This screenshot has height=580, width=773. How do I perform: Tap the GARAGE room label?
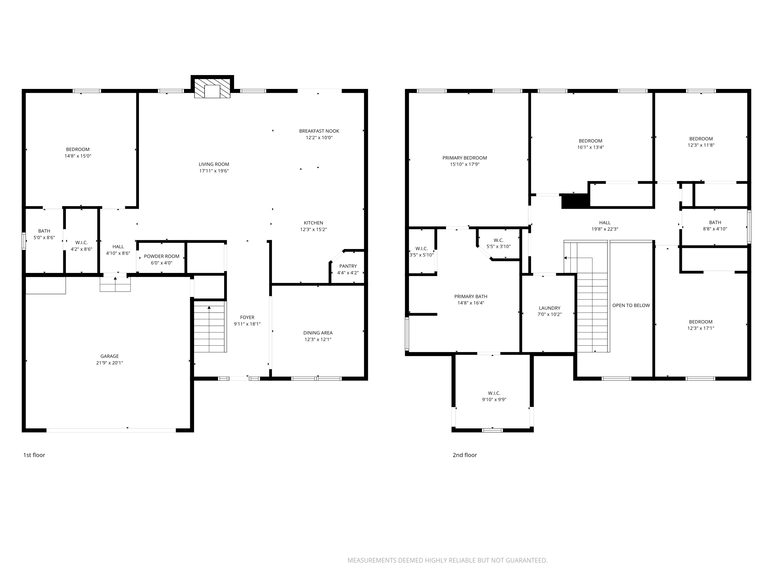(x=110, y=356)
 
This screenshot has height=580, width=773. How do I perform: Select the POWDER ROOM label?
(x=162, y=256)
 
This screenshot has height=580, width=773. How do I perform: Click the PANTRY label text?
(x=348, y=266)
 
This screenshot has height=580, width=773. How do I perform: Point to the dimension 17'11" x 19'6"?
(x=214, y=171)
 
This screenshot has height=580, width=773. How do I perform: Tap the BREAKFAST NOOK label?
(x=319, y=131)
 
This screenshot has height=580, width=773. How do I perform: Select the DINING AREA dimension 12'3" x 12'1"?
(x=318, y=339)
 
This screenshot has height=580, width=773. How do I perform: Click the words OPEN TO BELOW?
(x=631, y=305)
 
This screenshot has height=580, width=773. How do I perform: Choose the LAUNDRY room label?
(x=549, y=308)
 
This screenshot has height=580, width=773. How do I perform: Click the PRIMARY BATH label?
(x=471, y=296)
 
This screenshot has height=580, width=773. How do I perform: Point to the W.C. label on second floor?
(x=498, y=240)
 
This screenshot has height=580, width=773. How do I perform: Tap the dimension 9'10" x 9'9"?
(x=494, y=400)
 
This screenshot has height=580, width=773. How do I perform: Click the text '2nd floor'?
(x=464, y=455)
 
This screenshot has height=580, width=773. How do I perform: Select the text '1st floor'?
(x=34, y=455)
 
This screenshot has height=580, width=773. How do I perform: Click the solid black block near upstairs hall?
(x=575, y=201)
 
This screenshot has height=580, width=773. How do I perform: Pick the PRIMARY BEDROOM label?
(x=464, y=158)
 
